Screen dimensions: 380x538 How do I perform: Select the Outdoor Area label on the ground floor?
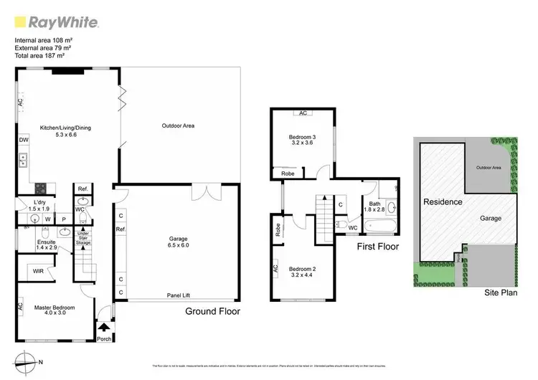[178, 125]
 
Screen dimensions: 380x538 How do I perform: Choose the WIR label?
[37, 272]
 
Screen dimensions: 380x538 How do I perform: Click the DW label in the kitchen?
[24, 140]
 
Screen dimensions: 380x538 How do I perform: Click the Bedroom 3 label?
[301, 140]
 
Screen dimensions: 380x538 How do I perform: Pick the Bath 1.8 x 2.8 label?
[375, 207]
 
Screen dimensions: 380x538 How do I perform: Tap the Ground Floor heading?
[213, 311]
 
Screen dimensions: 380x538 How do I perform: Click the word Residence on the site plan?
[442, 201]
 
